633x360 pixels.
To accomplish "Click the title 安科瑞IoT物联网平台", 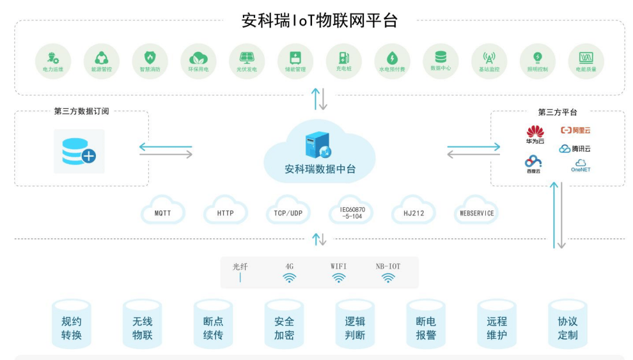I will (320, 20).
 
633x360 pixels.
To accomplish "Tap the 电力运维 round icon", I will (53, 58).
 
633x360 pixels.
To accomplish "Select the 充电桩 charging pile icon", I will (344, 58).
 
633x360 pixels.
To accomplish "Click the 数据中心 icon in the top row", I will (441, 58).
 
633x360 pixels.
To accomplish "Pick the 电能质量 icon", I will (586, 58).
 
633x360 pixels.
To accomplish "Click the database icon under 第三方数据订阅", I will (79, 152).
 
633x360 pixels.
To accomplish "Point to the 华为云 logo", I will (535, 133).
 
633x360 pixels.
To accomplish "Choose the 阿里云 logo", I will (575, 130).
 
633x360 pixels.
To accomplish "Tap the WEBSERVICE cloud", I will (476, 213).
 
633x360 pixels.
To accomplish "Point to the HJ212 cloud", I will (414, 213).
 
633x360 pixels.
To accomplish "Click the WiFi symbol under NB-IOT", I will (388, 278).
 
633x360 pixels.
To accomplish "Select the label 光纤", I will (240, 267).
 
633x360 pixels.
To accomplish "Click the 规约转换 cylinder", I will (72, 327).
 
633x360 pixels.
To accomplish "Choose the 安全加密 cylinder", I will (284, 327).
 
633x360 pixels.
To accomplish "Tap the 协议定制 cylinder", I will (567, 327).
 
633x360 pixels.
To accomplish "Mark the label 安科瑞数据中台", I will (320, 169).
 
